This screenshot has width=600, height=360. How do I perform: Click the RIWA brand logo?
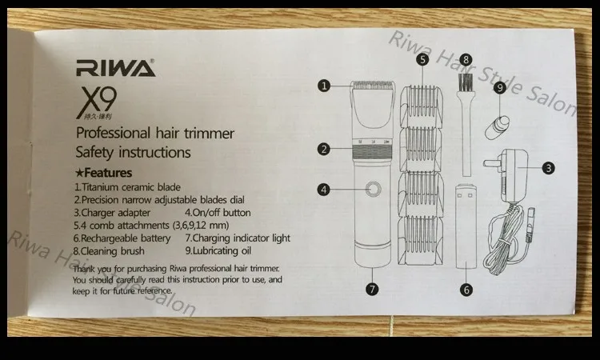pyautogui.click(x=115, y=68)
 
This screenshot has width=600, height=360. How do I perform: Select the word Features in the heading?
pyautogui.click(x=108, y=173)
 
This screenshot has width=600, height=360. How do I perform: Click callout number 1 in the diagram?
pyautogui.click(x=324, y=86)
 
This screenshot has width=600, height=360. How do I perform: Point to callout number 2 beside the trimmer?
pyautogui.click(x=324, y=150)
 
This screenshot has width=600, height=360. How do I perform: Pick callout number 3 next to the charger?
pyautogui.click(x=548, y=168)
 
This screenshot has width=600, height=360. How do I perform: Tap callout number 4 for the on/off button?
pyautogui.click(x=324, y=190)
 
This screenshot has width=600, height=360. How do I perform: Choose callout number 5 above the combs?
pyautogui.click(x=422, y=60)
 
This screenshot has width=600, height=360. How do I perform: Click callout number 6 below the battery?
pyautogui.click(x=466, y=290)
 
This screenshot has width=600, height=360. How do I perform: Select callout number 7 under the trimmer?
pyautogui.click(x=372, y=289)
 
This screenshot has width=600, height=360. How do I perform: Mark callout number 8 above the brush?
pyautogui.click(x=466, y=60)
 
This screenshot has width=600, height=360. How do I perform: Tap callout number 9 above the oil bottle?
pyautogui.click(x=500, y=88)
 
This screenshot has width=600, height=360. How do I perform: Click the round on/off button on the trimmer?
pyautogui.click(x=373, y=189)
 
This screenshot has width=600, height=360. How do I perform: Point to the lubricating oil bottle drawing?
pyautogui.click(x=497, y=128)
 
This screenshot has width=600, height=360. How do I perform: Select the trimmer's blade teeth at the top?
pyautogui.click(x=373, y=85)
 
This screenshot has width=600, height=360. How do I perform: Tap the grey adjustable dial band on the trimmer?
pyautogui.click(x=372, y=153)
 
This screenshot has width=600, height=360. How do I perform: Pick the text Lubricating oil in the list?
pyautogui.click(x=222, y=251)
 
